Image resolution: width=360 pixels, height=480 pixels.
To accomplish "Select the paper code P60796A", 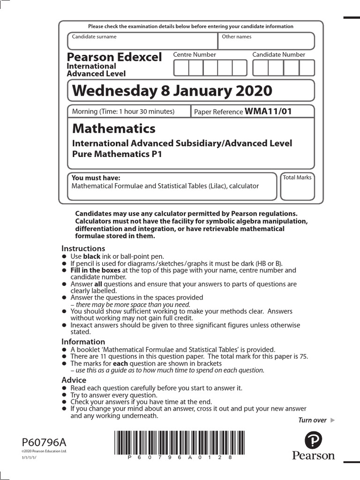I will [44, 442].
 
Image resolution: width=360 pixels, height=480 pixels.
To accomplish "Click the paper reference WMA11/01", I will [268, 112].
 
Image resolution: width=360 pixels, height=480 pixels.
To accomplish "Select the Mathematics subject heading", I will [113, 128].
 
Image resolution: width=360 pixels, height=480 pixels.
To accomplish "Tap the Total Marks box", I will [297, 187].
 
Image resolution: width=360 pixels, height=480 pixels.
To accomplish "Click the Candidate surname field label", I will [94, 37].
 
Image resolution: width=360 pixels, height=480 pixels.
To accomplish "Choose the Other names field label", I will [237, 37].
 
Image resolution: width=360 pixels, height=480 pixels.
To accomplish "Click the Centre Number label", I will [195, 55].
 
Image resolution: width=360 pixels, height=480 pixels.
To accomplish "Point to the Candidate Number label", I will [278, 55].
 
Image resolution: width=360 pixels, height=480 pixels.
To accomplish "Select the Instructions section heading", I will [83, 248].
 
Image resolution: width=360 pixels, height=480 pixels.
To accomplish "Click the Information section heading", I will [83, 342].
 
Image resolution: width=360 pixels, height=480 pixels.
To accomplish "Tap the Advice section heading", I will [74, 380].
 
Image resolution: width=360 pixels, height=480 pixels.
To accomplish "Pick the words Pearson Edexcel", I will [114, 57].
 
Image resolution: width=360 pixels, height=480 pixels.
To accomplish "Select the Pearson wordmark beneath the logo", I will [313, 456].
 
